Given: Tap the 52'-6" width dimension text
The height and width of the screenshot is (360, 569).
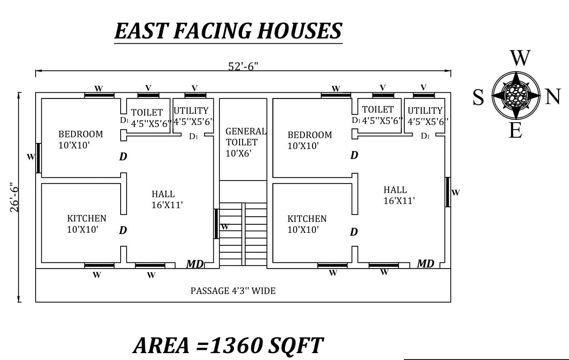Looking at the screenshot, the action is pyautogui.click(x=243, y=66).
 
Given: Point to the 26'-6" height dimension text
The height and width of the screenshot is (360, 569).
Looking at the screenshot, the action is pyautogui.click(x=15, y=197).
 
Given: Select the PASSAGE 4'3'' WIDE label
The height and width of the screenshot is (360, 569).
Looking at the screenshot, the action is pyautogui.click(x=233, y=291).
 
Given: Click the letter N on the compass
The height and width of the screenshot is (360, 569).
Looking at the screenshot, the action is pyautogui.click(x=553, y=97).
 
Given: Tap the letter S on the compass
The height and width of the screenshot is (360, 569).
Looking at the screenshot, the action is pyautogui.click(x=478, y=98).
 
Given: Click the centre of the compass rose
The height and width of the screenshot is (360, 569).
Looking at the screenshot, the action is pyautogui.click(x=516, y=96).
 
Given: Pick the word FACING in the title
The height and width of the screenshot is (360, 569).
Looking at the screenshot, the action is pyautogui.click(x=212, y=31).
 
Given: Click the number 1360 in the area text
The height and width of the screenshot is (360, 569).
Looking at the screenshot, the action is pyautogui.click(x=236, y=345).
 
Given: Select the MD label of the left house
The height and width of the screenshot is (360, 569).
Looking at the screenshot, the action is pyautogui.click(x=195, y=264).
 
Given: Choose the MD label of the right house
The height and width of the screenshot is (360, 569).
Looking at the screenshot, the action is pyautogui.click(x=425, y=263).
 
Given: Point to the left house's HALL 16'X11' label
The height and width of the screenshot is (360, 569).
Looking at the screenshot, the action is pyautogui.click(x=167, y=199).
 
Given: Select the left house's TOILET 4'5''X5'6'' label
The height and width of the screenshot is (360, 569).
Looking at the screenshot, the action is pyautogui.click(x=151, y=118).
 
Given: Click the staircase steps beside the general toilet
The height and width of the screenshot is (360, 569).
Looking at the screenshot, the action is pyautogui.click(x=243, y=234).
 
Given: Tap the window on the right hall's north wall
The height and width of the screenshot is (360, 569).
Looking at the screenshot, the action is pyautogui.click(x=448, y=192).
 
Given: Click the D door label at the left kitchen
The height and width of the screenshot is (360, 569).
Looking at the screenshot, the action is pyautogui.click(x=123, y=230).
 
